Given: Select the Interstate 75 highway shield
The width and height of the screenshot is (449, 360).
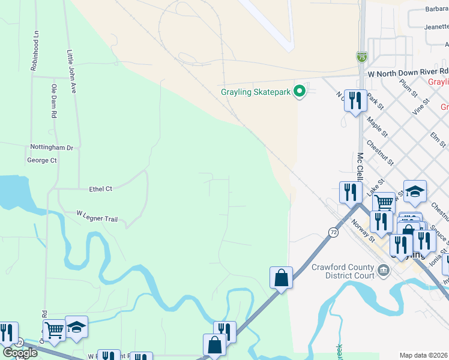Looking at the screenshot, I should point(361,57).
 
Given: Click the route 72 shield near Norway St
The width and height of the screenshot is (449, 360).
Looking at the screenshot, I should point(333,232).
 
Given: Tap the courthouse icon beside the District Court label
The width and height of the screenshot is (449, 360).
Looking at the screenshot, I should point(384,272).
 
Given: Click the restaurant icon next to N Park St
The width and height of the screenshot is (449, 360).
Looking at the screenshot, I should point(357,100).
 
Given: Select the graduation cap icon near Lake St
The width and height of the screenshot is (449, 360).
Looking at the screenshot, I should point(415,191).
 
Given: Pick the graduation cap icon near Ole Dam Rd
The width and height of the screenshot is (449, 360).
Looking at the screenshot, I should point(76,327).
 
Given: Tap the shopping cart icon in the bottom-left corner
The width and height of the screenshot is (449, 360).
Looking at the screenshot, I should point(54,329).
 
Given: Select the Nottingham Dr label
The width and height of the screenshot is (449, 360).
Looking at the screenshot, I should point(52,147).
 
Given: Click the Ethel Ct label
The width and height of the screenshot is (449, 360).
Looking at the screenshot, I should point(100,189).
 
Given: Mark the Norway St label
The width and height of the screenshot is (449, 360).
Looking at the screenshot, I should point(363,230).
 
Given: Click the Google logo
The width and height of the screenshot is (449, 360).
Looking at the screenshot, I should point(19,352).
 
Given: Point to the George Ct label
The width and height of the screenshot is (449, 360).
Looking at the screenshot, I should point(41,160).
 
